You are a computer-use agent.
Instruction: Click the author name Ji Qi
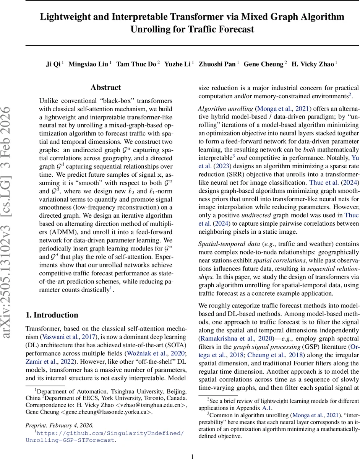click(x=54, y=64)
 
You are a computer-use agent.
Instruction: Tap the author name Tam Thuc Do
click(x=136, y=64)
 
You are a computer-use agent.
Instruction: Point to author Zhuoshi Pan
click(x=217, y=64)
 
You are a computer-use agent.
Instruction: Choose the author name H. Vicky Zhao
click(x=313, y=64)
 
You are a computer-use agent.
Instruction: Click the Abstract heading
click(x=106, y=88)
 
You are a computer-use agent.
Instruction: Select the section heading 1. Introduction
click(x=52, y=315)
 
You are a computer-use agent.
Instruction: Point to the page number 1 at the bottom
click(x=193, y=456)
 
